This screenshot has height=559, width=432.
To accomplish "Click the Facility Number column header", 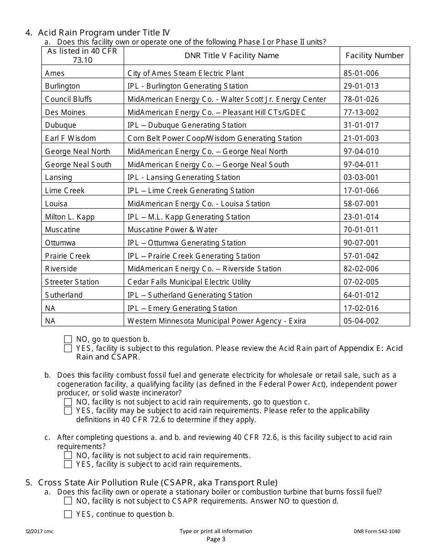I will pos(375,55).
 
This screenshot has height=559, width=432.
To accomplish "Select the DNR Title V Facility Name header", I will pos(231,55).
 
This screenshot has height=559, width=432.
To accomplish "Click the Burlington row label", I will pos(62,86).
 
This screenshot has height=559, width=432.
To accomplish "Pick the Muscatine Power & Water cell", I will pos(172,230).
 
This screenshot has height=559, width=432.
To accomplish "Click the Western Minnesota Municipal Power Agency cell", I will pos(216,321).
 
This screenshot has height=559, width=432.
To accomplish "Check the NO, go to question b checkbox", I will pos(68,339).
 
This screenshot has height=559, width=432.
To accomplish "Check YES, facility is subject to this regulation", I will pos(68,349).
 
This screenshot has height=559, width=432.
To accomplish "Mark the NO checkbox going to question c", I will pos(68,402).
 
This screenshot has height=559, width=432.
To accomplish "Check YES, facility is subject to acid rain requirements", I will pos(68,464).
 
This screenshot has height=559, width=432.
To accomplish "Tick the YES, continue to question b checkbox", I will pos(68,514).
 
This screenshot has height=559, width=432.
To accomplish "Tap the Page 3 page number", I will pos(216,539).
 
